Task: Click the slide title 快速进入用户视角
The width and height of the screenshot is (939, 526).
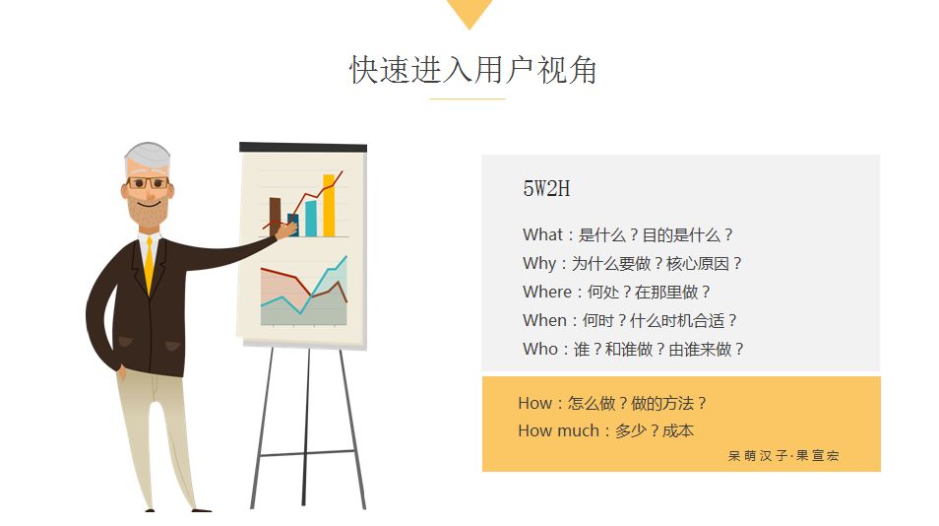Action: [x=472, y=70]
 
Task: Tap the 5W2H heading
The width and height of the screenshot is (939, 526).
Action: [x=546, y=189]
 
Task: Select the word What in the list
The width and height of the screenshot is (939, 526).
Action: [x=542, y=234]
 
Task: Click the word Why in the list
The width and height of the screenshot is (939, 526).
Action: [x=539, y=263]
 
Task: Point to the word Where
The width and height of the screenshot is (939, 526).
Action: [x=547, y=292]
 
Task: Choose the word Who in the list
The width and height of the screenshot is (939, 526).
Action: [x=540, y=349]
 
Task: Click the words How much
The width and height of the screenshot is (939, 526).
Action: [x=558, y=430]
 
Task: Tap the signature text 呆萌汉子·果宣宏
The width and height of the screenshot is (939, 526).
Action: [x=783, y=456]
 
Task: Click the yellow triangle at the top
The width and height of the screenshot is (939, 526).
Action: [x=469, y=11]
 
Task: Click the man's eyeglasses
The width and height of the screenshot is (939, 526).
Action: [x=148, y=183]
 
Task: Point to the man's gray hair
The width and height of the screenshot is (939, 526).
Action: [x=147, y=157]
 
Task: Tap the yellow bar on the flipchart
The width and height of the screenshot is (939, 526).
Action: [x=329, y=206]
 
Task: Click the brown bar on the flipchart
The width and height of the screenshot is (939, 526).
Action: [x=275, y=217]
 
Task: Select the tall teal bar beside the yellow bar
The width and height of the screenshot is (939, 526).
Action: [x=311, y=218]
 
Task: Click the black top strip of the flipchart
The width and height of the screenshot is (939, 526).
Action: [x=303, y=148]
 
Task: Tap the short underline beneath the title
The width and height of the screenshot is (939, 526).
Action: [x=468, y=99]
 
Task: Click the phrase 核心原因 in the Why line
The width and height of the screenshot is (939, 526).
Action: [x=697, y=264]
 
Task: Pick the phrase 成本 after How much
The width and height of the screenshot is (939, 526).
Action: [x=678, y=430]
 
